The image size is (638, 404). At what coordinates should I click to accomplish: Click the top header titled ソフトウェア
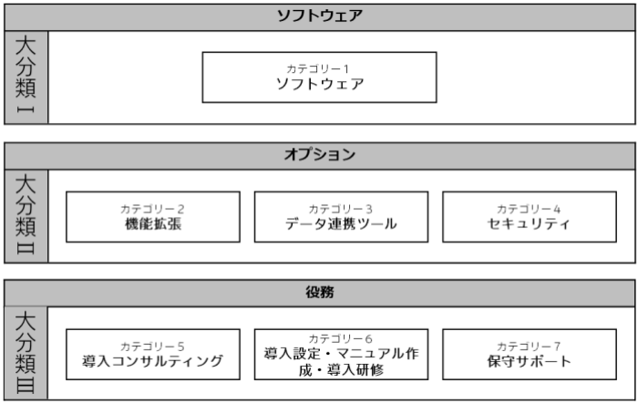[x=320, y=17]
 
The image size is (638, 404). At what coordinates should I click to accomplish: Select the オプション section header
[x=320, y=156]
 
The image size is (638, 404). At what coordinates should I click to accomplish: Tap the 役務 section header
[x=320, y=294]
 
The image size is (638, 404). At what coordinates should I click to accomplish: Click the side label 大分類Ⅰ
[x=26, y=78]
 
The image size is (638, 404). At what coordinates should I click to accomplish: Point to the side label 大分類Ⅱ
[x=26, y=216]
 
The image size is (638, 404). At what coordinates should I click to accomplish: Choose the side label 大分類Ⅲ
[x=26, y=353]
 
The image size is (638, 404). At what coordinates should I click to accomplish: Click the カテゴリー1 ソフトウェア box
[x=319, y=78]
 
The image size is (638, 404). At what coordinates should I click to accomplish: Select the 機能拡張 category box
[x=153, y=217]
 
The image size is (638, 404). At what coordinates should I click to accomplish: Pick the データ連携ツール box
[x=342, y=217]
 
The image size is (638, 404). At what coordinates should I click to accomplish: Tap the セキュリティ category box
[x=530, y=217]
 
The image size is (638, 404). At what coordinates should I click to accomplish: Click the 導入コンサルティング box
[x=153, y=355]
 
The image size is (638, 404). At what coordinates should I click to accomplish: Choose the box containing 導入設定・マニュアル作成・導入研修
[x=342, y=355]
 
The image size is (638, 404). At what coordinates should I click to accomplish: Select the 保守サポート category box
[x=530, y=355]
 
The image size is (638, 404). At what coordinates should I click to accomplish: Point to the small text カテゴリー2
[x=152, y=210]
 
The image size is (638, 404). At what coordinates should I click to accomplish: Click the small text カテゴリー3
[x=341, y=210]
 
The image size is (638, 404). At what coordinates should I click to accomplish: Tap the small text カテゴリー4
[x=529, y=210]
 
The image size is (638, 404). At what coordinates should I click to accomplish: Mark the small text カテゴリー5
[x=152, y=347]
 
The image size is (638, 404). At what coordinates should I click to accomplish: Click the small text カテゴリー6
[x=341, y=339]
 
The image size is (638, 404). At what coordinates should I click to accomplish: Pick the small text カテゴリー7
[x=529, y=347]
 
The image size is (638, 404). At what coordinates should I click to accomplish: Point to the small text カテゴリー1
[x=318, y=68]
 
